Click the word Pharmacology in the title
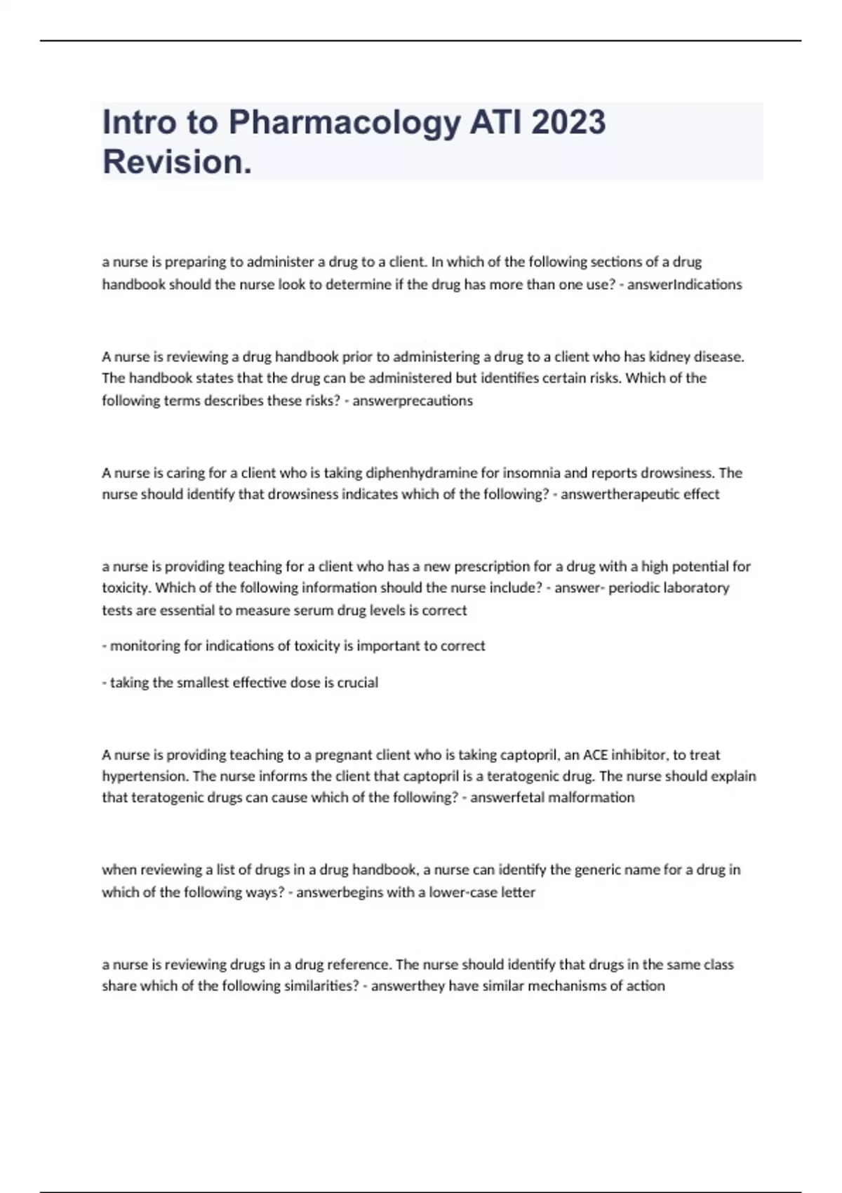point(345,123)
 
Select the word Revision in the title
point(176,162)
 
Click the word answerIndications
point(684,284)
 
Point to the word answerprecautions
point(413,401)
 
